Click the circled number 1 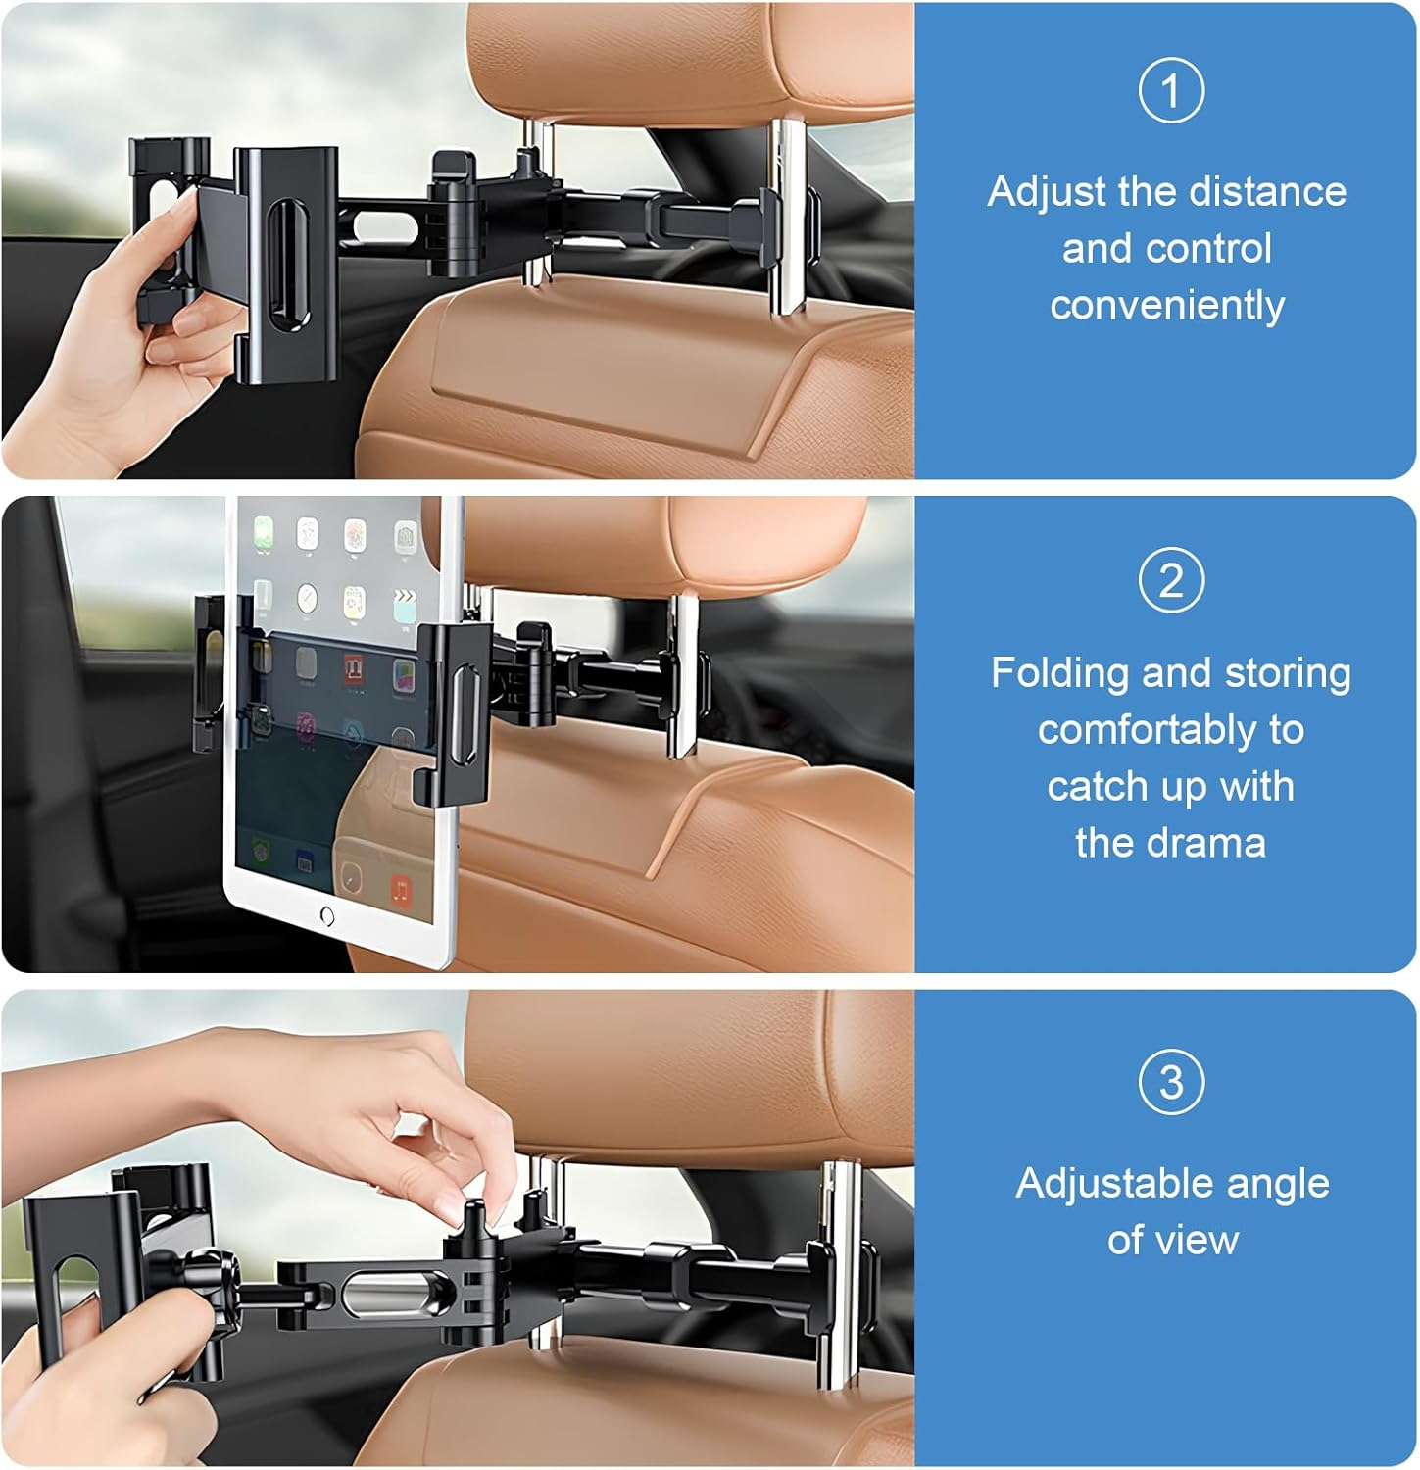pyautogui.click(x=1170, y=91)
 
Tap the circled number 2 pyautogui.click(x=1170, y=581)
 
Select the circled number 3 pyautogui.click(x=1170, y=1082)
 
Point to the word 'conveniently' pyautogui.click(x=1167, y=306)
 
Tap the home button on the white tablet pyautogui.click(x=327, y=916)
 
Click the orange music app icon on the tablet pyautogui.click(x=400, y=890)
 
